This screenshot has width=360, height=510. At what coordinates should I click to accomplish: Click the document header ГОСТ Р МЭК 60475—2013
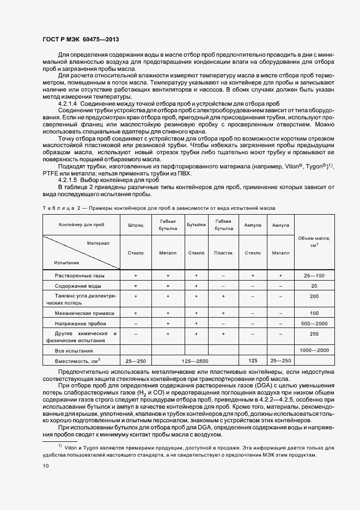(80, 40)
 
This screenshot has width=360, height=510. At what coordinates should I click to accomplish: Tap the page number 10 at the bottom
(46, 466)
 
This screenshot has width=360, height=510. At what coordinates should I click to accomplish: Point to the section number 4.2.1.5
(68, 179)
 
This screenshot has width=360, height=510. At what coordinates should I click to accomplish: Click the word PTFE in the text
(51, 173)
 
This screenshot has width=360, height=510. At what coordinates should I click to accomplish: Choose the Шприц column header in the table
(135, 224)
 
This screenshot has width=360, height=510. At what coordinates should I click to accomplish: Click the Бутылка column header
(196, 224)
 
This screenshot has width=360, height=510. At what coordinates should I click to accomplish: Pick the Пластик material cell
(223, 253)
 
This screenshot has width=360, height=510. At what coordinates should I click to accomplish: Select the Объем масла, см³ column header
(314, 241)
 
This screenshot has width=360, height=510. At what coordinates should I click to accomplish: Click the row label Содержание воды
(80, 286)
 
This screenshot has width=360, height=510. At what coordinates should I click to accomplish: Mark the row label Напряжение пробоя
(81, 324)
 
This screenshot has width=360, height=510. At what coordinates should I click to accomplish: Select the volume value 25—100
(314, 276)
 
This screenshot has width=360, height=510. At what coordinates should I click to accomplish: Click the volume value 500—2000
(314, 324)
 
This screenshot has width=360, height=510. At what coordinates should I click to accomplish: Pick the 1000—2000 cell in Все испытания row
(314, 350)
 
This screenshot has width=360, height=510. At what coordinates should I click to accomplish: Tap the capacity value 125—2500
(196, 361)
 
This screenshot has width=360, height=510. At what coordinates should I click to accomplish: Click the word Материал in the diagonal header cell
(98, 243)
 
